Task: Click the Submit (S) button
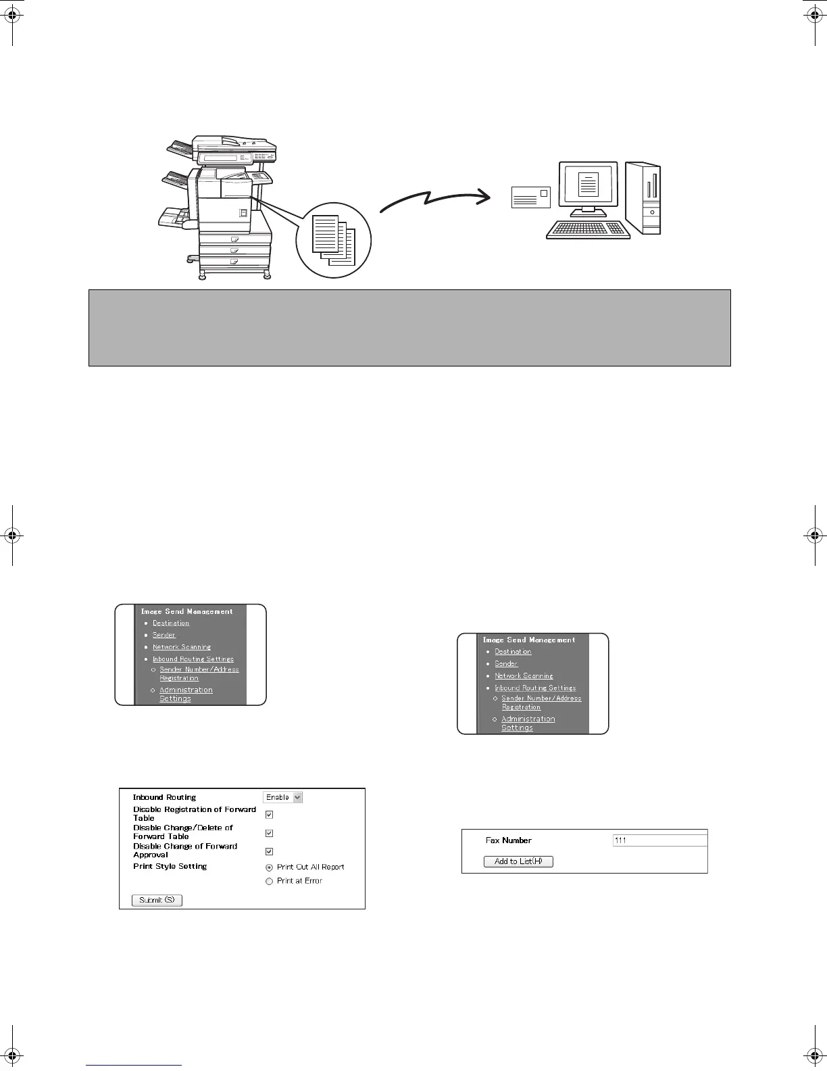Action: click(x=157, y=900)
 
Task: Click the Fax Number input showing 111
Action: click(x=659, y=840)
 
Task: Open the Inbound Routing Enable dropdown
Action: click(x=283, y=797)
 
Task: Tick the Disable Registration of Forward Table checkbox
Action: click(x=269, y=815)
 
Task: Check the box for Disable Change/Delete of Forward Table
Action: click(x=269, y=833)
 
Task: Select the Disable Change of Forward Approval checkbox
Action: click(x=269, y=851)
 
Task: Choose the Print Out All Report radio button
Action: click(x=269, y=867)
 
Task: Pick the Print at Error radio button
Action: click(x=269, y=881)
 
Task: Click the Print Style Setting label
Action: click(x=170, y=866)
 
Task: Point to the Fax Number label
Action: click(x=508, y=840)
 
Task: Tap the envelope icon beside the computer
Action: click(x=531, y=197)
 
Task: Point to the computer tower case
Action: click(x=643, y=197)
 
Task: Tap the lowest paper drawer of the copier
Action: click(x=234, y=261)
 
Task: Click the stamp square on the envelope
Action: click(x=543, y=193)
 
